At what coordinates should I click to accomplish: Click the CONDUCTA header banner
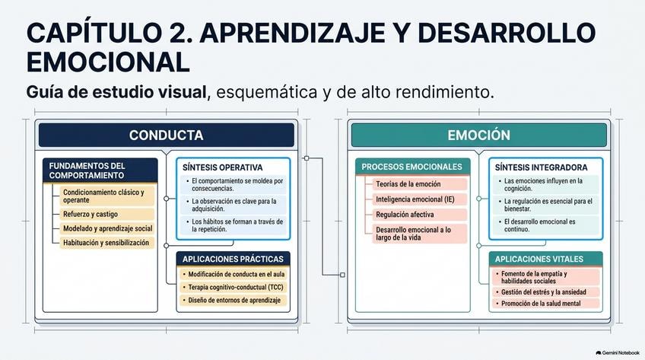pos(166,135)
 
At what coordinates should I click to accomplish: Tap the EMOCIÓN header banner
pos(479,135)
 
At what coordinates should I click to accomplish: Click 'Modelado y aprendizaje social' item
pos(107,229)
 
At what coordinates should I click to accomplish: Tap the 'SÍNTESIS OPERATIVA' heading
pos(223,167)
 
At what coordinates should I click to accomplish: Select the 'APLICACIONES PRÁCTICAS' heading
pos(233,259)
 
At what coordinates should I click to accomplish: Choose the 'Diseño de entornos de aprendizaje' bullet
pos(234,301)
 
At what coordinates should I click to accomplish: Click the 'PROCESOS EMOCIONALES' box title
pos(412,167)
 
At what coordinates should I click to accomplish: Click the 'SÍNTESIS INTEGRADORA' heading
pos(541,167)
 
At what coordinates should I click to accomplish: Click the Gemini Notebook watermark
pos(618,353)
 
